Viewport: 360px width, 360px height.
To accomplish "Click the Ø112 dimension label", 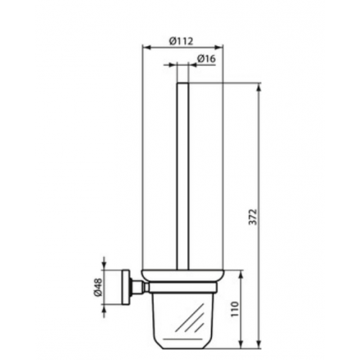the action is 181,41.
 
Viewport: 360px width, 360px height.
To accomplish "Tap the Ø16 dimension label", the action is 207,58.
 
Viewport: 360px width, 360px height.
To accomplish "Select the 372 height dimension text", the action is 253,217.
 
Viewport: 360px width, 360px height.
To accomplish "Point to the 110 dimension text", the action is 235,309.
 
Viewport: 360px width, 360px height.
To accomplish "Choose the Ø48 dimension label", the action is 99,287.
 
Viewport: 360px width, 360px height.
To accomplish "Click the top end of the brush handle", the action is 183,83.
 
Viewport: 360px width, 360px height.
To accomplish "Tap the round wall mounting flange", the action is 126,287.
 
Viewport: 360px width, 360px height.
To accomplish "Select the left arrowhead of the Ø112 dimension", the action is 146,48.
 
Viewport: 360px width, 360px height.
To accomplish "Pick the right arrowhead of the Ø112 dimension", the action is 220,48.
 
